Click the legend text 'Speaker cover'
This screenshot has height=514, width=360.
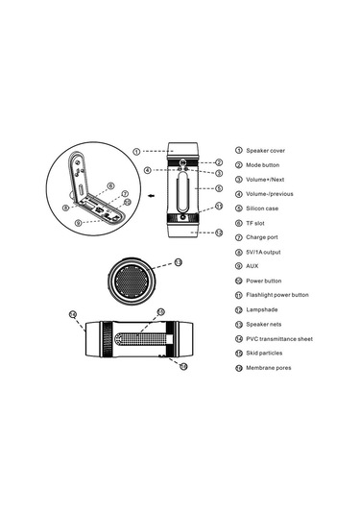[x=266, y=151]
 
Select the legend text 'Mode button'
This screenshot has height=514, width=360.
[x=264, y=164]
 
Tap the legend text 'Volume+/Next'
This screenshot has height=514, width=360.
[x=267, y=179]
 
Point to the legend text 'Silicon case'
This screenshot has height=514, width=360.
[x=264, y=208]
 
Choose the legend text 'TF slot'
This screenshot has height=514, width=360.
[x=257, y=222]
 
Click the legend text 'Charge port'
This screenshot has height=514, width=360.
[x=263, y=236]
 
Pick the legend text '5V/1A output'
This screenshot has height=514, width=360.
[x=266, y=251]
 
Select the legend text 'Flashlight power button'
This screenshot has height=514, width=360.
[x=280, y=295]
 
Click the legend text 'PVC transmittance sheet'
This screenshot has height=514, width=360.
[x=281, y=338]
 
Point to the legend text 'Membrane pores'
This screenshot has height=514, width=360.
[x=268, y=367]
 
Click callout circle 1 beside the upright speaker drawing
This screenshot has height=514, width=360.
[x=136, y=151]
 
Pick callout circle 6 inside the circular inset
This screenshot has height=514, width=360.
[x=110, y=185]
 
